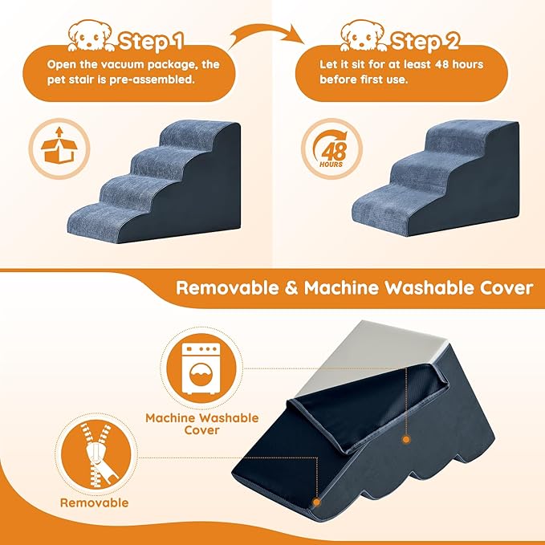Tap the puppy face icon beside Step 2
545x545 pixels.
point(364,35)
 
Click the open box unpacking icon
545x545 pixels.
point(53,148)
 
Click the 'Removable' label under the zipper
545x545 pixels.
point(95,502)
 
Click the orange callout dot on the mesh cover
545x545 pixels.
point(405,439)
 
